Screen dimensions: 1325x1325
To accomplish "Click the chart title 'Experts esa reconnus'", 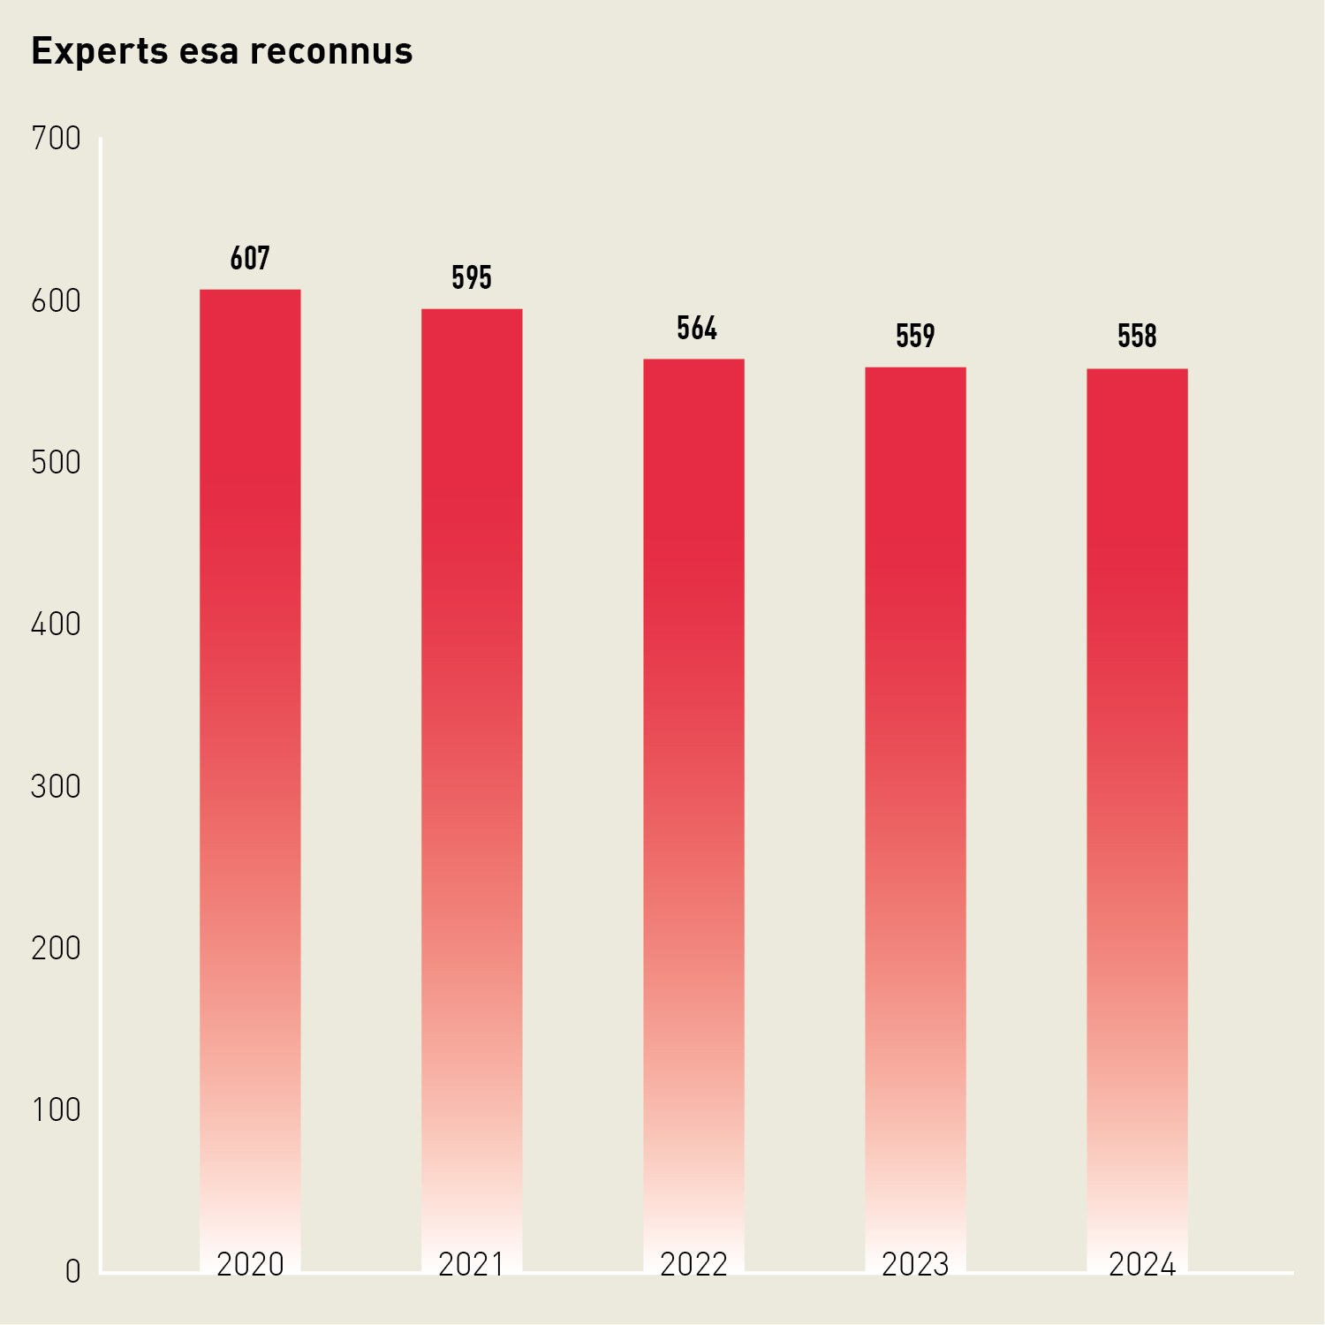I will [x=222, y=51].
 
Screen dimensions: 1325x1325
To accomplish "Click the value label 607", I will [x=250, y=259].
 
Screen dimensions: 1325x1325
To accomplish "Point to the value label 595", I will [x=472, y=278].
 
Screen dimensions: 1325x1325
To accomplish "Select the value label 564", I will [x=697, y=329].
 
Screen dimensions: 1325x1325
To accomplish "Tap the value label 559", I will [x=915, y=337].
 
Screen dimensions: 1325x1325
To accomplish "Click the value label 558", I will [x=1137, y=337].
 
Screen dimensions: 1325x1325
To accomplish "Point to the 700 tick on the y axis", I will [x=56, y=139].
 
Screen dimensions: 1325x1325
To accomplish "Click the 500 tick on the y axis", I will [x=56, y=463].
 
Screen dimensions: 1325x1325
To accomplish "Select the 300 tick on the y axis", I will [x=56, y=786].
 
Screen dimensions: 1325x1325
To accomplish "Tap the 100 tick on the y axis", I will [x=56, y=1110].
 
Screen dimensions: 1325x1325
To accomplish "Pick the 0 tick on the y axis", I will [x=72, y=1272].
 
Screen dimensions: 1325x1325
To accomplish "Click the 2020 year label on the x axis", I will [x=250, y=1265].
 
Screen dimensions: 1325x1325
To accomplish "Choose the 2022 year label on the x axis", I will [x=693, y=1265].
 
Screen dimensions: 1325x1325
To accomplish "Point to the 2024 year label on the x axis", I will [x=1142, y=1265].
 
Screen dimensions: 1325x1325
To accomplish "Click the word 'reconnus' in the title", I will [x=331, y=51].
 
